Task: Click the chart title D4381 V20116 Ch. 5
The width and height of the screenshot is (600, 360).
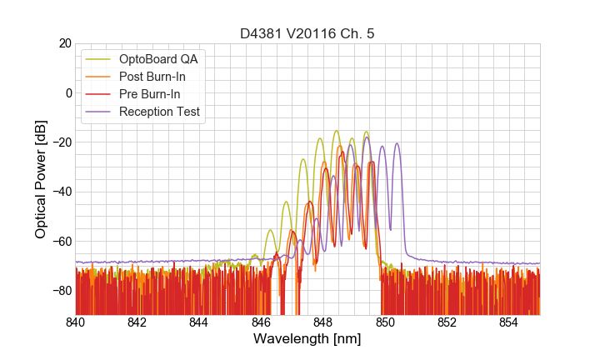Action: point(307,34)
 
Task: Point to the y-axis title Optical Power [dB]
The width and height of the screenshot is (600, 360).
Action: point(41,179)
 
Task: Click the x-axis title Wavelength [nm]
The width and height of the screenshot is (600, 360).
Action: point(307,339)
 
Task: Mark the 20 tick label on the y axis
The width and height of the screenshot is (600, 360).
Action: point(63,43)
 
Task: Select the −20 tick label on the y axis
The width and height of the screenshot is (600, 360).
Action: point(60,142)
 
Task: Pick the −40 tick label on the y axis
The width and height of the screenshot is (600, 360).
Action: point(60,192)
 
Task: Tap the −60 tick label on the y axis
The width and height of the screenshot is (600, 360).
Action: point(60,241)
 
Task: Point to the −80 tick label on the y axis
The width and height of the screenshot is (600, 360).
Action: point(60,290)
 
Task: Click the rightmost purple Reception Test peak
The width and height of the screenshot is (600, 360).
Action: point(397,144)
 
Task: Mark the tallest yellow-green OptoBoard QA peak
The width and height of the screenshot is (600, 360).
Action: point(336,131)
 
